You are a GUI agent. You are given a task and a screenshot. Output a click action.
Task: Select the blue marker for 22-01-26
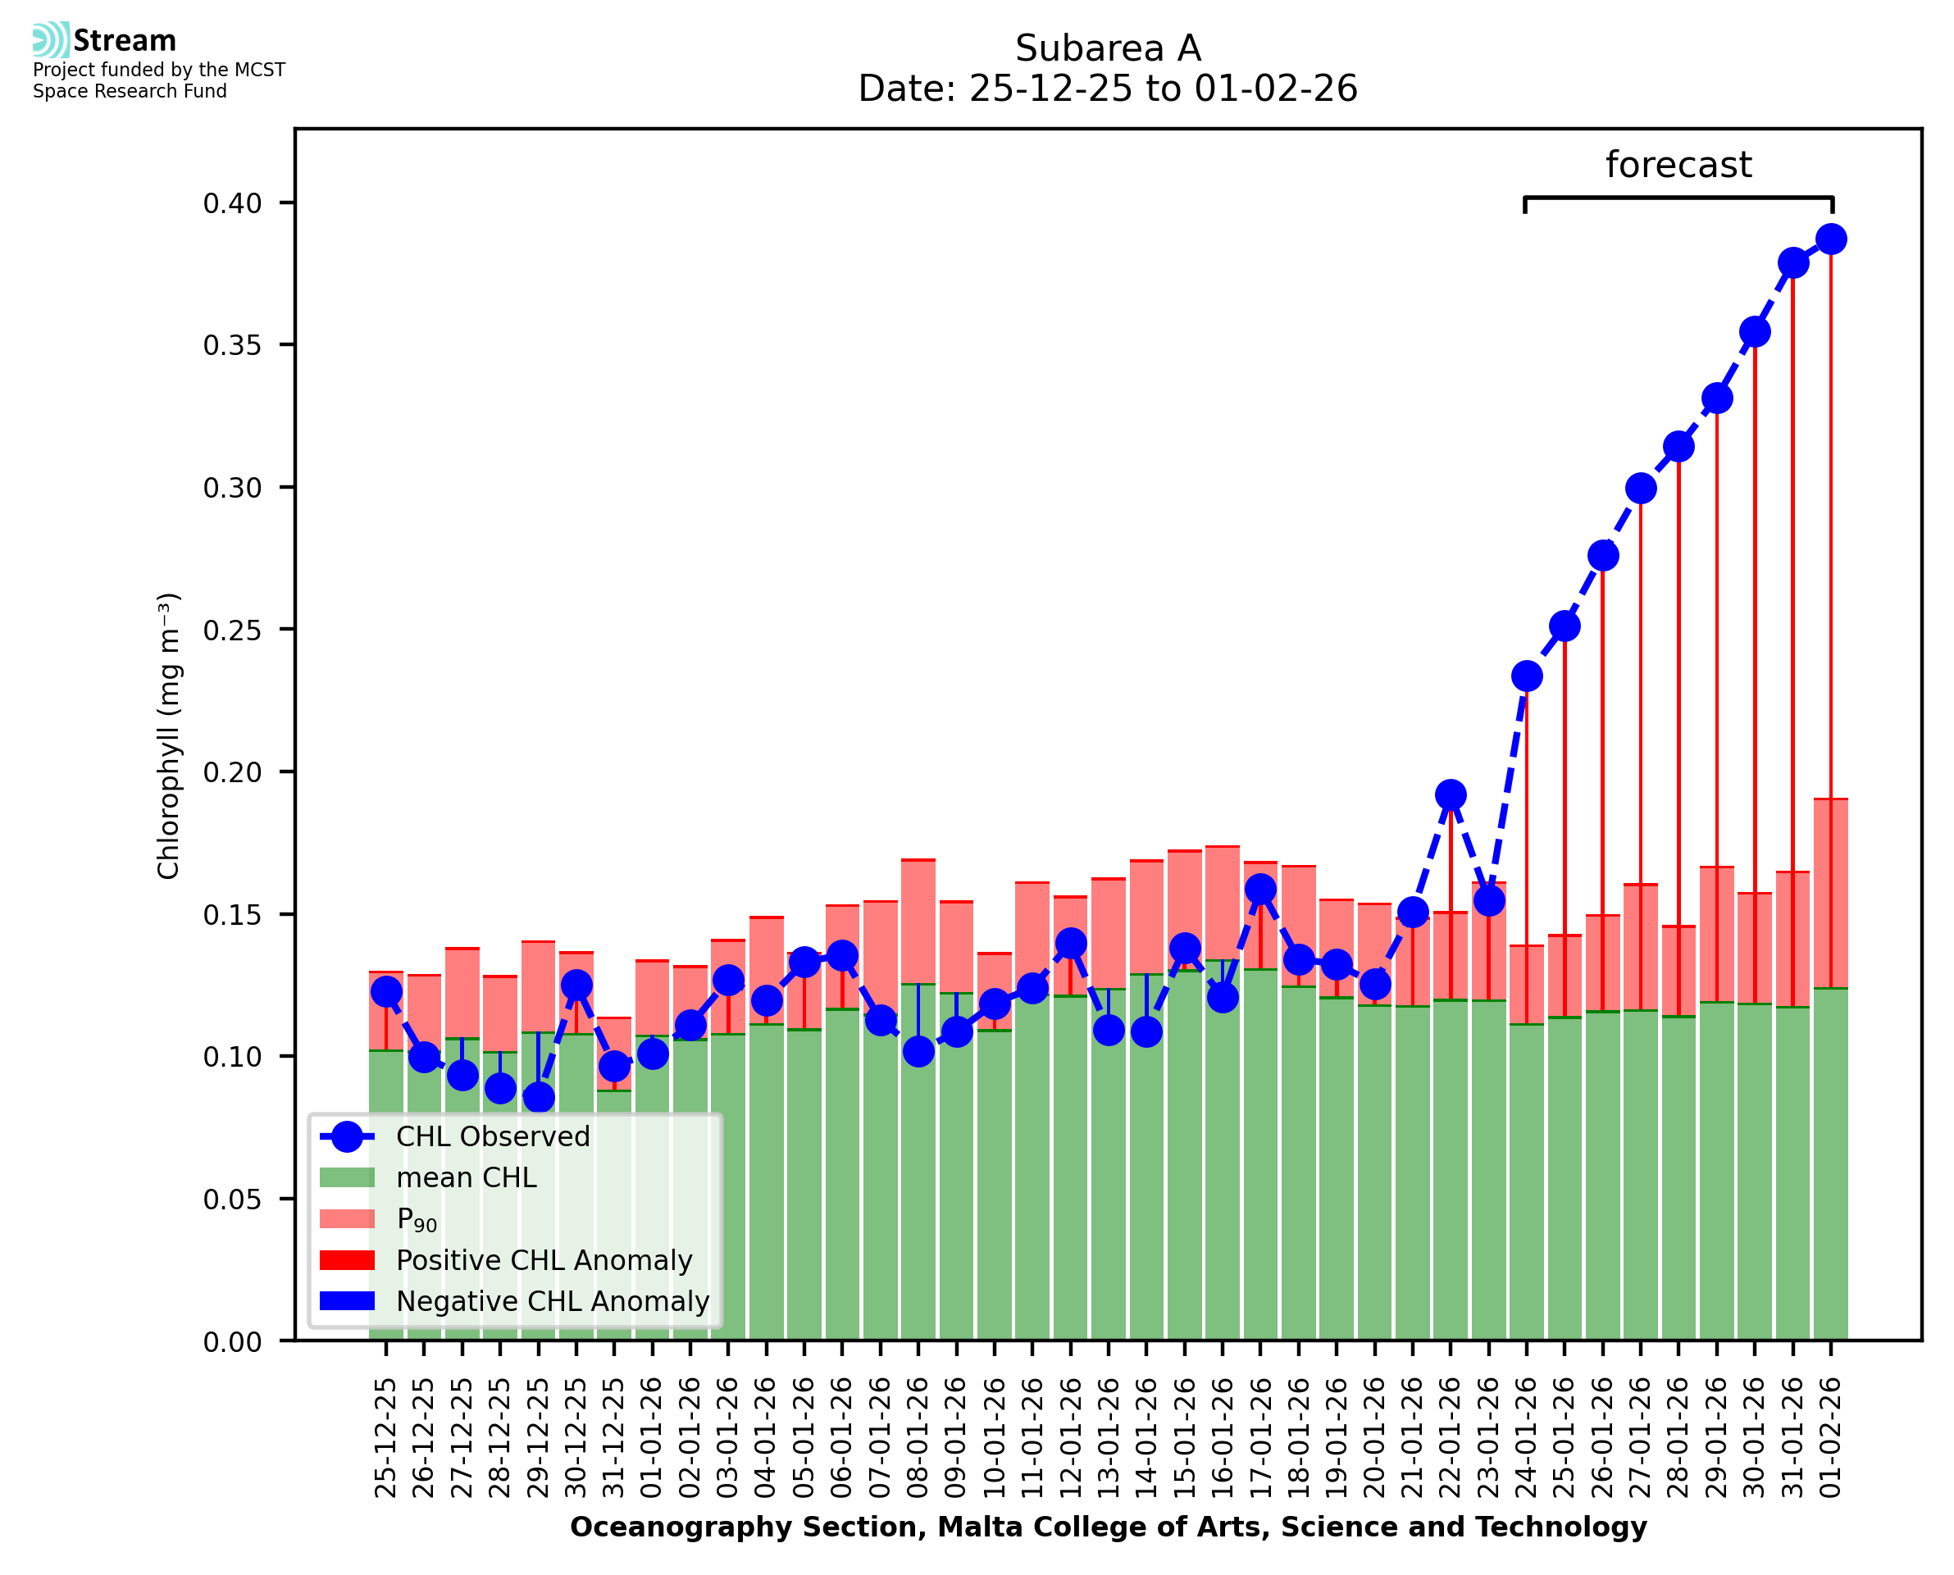pos(1450,794)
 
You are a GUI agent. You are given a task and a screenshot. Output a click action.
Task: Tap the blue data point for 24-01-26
pos(1526,676)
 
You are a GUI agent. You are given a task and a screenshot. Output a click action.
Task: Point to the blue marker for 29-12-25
pos(539,1098)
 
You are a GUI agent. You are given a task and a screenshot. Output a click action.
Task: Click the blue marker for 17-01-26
pos(1260,889)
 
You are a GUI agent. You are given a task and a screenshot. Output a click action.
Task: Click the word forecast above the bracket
pos(1678,165)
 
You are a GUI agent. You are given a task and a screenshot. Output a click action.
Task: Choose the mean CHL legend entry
pos(467,1177)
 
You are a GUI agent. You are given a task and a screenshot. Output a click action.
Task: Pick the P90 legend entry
pos(417,1219)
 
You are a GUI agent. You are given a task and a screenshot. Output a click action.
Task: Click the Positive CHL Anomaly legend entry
pos(544,1260)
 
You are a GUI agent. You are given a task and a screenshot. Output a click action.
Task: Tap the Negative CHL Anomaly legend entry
pos(553,1301)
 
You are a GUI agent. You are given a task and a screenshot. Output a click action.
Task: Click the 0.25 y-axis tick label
pos(232,630)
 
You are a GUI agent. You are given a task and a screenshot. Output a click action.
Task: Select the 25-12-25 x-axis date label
pos(385,1438)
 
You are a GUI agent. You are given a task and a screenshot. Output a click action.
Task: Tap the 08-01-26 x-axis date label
pos(918,1438)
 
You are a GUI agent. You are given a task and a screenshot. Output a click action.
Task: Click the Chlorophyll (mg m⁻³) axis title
pos(169,735)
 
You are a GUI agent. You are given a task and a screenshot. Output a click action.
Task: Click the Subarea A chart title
pos(1107,48)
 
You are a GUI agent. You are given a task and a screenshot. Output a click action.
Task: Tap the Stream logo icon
pos(52,40)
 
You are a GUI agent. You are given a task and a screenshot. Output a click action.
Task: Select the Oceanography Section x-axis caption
pos(1108,1527)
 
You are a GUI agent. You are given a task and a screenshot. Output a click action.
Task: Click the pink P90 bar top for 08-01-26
pos(918,860)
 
